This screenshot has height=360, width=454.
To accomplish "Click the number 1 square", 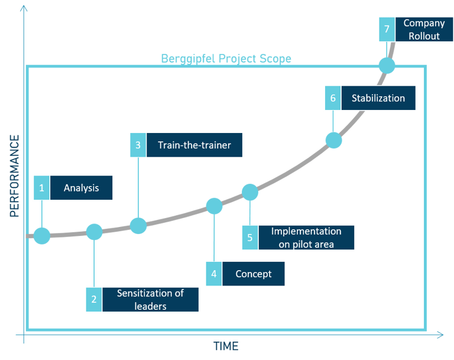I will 41,189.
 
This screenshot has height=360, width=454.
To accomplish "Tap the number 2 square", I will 93,300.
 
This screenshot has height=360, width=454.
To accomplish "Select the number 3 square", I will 138,145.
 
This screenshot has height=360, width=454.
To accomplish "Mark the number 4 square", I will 214,274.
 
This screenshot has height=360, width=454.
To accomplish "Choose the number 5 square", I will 249,237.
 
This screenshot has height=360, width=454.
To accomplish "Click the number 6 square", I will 333,98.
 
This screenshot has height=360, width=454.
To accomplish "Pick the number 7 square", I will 387,30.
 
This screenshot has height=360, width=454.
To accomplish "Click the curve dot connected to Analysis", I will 41,236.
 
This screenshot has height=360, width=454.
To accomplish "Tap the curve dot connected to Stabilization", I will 333,140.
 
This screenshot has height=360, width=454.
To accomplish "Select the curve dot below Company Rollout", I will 387,65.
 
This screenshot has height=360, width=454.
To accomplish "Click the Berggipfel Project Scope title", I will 226,59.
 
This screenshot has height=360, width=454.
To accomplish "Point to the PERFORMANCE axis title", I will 15,176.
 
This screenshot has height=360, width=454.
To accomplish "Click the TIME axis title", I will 226,346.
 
